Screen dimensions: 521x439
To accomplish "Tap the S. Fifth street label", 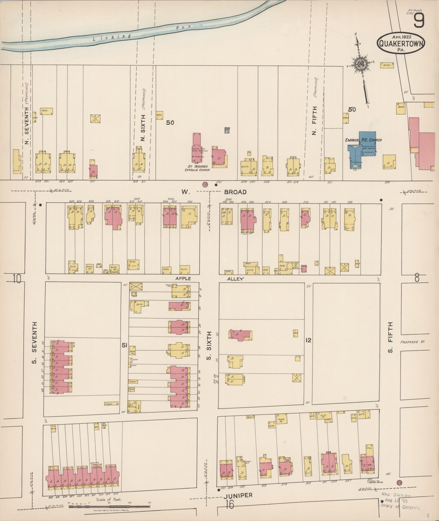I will point(391,337).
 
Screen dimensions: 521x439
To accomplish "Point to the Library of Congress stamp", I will point(399,502).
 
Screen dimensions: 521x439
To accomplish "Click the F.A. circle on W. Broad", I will point(205,185).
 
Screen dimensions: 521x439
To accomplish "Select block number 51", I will point(125,345).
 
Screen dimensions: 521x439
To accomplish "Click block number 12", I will point(308,340).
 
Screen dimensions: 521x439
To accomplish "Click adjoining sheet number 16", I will point(230,505).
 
